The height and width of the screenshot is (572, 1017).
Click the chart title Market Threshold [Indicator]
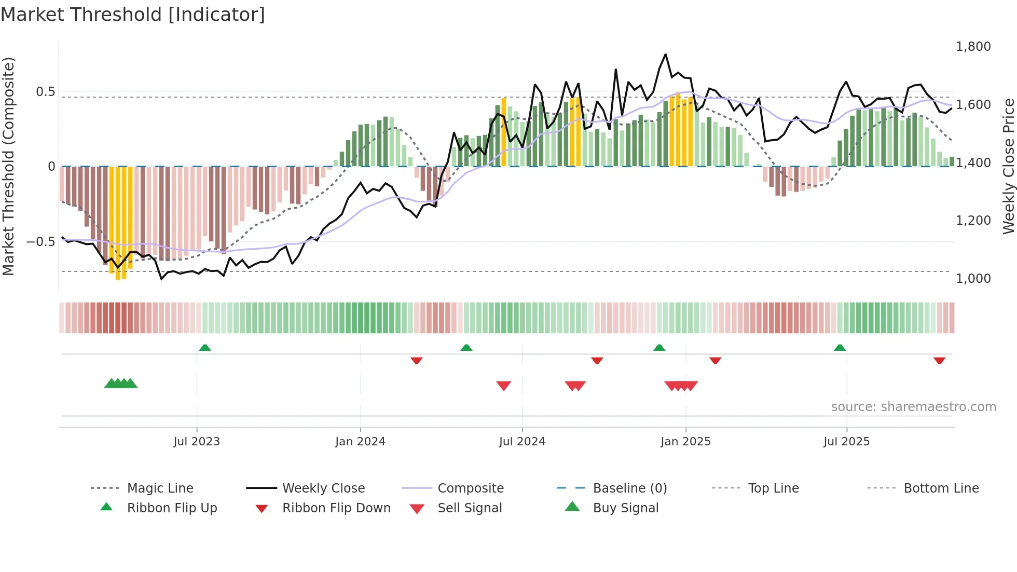(x=133, y=15)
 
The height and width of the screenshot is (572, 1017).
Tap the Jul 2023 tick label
(x=197, y=442)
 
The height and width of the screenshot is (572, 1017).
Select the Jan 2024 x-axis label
(x=360, y=442)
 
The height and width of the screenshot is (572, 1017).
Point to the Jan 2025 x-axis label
(x=685, y=442)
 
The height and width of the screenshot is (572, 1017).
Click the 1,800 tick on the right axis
(x=973, y=47)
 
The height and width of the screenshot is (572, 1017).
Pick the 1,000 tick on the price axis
(x=973, y=279)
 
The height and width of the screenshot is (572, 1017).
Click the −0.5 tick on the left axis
(x=40, y=242)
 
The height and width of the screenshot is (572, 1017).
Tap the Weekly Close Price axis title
(x=1008, y=166)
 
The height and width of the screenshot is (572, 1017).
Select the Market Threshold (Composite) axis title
(x=8, y=166)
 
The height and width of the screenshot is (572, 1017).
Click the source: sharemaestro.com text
(x=913, y=407)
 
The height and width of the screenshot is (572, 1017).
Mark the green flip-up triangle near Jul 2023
(x=205, y=348)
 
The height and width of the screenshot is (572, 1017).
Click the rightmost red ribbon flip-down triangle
(x=939, y=360)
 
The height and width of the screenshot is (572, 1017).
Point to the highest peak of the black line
(x=665, y=55)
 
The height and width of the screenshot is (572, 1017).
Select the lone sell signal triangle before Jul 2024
(x=504, y=386)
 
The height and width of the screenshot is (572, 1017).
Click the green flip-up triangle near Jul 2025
(x=840, y=348)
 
